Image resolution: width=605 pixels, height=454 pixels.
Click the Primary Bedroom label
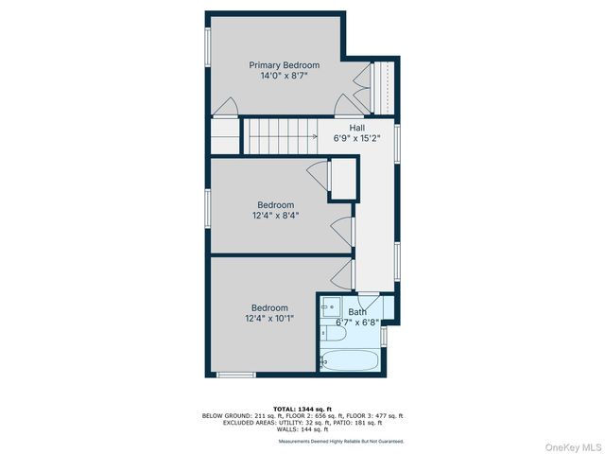coord(284,65)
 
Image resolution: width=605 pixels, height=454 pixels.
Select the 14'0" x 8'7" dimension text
coord(284,78)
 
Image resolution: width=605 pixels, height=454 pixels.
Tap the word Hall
coord(356,128)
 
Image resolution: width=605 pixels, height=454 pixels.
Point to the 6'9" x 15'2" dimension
coord(356,139)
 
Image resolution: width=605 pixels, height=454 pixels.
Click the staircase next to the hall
coord(281,134)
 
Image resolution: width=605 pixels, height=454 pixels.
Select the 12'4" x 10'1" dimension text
coord(269,318)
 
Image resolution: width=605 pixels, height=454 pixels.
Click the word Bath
coord(357,312)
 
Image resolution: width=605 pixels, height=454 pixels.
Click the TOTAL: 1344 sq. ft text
coord(302,409)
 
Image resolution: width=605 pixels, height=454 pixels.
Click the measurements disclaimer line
coord(341,442)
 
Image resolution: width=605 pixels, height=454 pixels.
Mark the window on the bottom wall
coord(236,375)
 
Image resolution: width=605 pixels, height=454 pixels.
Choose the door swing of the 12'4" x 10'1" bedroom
coord(342,275)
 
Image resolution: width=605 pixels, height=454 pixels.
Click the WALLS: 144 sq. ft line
coord(302,430)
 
